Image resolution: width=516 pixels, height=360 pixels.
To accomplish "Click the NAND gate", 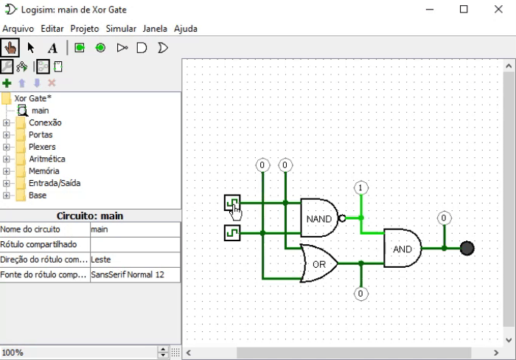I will pyautogui.click(x=319, y=218).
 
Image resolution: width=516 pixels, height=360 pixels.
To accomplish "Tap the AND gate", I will pyautogui.click(x=402, y=249).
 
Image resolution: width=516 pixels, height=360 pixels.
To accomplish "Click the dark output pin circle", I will pyautogui.click(x=467, y=249).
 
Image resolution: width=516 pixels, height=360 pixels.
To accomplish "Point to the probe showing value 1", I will pyautogui.click(x=360, y=187).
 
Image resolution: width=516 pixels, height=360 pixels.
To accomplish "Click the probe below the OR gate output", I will pyautogui.click(x=360, y=294).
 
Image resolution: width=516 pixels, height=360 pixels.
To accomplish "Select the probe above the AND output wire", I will pyautogui.click(x=444, y=218).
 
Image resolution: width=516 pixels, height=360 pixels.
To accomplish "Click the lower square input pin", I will pyautogui.click(x=232, y=233).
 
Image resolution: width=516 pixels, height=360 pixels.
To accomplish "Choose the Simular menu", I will pyautogui.click(x=121, y=29).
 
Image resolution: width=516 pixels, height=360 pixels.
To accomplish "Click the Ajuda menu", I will pyautogui.click(x=186, y=29).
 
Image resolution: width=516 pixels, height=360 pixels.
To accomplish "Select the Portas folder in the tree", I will pyautogui.click(x=41, y=135).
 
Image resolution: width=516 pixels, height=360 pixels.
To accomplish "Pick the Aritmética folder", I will pyautogui.click(x=46, y=159).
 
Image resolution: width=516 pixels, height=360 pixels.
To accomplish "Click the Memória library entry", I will pyautogui.click(x=44, y=171).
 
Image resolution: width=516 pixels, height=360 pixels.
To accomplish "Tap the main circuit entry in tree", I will pyautogui.click(x=40, y=111).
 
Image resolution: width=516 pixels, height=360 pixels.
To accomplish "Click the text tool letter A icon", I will pyautogui.click(x=52, y=48).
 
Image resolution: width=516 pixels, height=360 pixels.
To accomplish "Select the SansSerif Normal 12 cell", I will pyautogui.click(x=135, y=274).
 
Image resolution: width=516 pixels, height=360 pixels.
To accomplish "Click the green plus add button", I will pyautogui.click(x=7, y=83).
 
